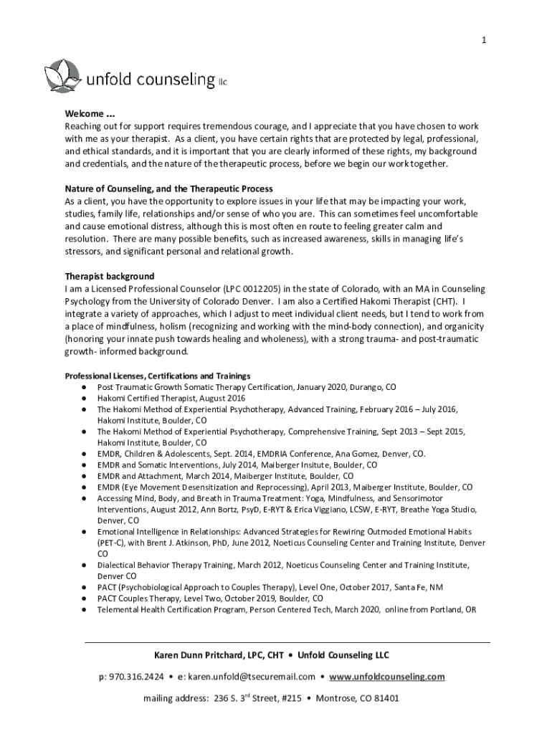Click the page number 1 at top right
tap(484, 41)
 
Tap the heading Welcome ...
tap(90, 113)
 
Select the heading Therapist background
tap(110, 276)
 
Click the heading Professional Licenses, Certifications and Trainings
tap(157, 376)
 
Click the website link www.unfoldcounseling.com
tap(388, 676)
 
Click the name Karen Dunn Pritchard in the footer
tap(199, 655)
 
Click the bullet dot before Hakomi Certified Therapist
tap(84, 398)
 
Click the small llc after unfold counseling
tap(222, 83)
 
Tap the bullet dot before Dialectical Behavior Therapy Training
tap(84, 565)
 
